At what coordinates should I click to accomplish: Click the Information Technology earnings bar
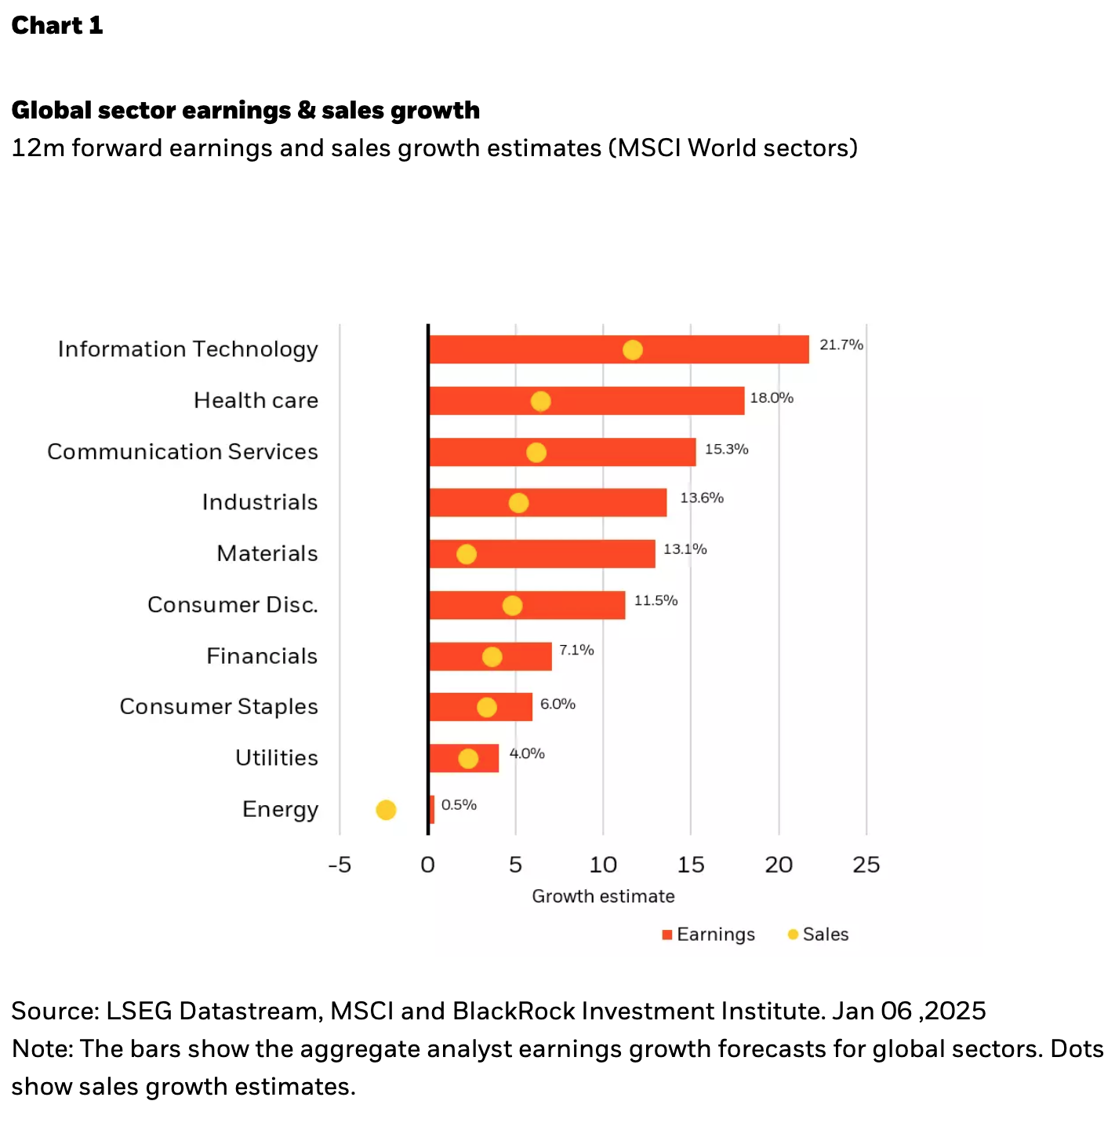click(706, 349)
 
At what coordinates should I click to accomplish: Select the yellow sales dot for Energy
click(386, 810)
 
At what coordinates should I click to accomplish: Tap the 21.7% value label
click(841, 344)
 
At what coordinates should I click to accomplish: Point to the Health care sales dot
click(540, 401)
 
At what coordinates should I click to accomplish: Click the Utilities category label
click(277, 758)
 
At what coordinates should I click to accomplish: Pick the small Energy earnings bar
click(432, 809)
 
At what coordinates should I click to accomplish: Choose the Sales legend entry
click(819, 935)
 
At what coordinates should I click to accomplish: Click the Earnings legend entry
click(709, 935)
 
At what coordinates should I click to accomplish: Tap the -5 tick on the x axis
click(340, 865)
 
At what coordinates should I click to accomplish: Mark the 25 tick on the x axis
click(866, 865)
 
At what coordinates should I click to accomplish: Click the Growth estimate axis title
click(603, 896)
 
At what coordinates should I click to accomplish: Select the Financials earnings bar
click(525, 656)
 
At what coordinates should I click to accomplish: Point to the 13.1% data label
click(685, 549)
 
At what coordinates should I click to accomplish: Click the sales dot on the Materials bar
click(467, 555)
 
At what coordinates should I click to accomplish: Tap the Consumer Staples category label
click(219, 707)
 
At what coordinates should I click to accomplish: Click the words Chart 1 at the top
click(57, 25)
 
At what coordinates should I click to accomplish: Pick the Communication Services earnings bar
click(612, 452)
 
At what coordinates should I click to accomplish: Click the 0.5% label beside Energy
click(459, 805)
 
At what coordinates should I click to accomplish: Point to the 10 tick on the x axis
click(603, 865)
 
